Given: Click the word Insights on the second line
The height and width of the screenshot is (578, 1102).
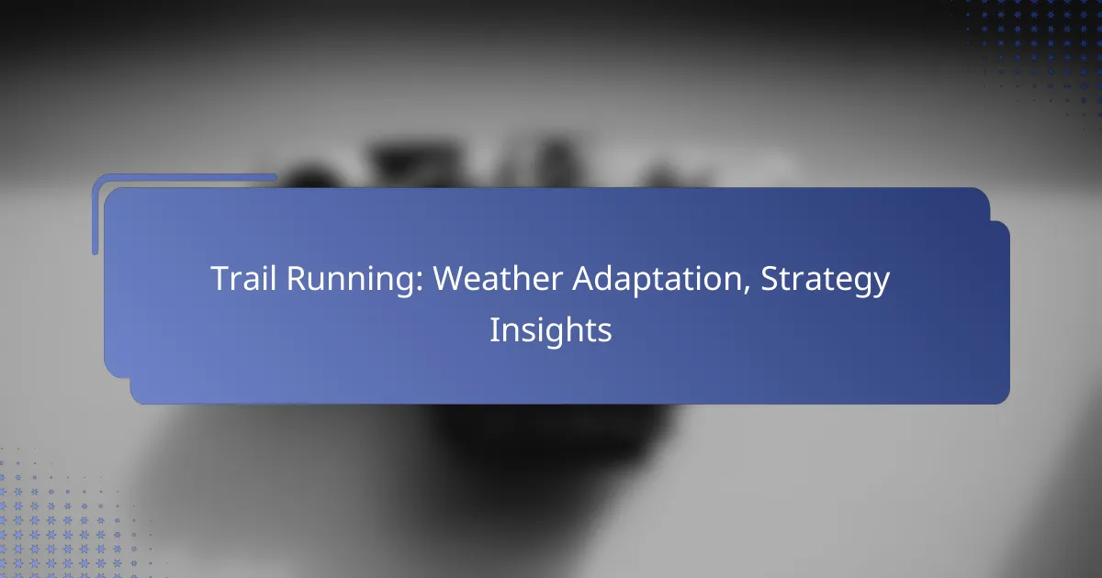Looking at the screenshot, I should (550, 329).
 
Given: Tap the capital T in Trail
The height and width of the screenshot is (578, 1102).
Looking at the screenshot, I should (219, 279).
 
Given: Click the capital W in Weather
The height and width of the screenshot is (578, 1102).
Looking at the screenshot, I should (449, 279).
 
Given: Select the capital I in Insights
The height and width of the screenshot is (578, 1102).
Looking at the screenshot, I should (494, 329).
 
